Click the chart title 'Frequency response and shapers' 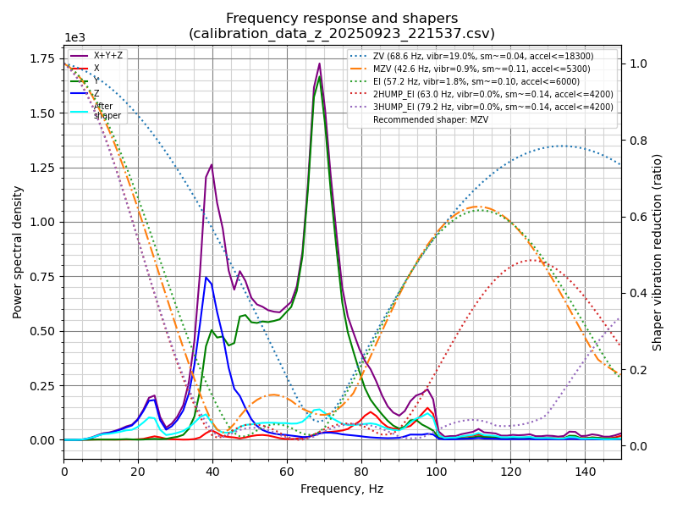click(x=342, y=19)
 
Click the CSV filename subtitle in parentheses click(x=342, y=34)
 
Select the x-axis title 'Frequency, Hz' click(x=342, y=489)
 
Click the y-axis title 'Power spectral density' click(x=18, y=251)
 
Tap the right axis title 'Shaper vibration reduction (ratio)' click(x=658, y=251)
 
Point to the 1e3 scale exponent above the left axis click(x=74, y=38)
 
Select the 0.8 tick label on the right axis click(x=636, y=141)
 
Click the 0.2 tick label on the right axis click(x=636, y=370)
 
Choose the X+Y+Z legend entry click(x=107, y=56)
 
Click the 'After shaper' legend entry click(x=107, y=111)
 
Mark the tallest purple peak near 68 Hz click(x=319, y=63)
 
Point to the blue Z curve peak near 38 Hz click(x=206, y=277)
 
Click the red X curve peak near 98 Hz click(x=428, y=408)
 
